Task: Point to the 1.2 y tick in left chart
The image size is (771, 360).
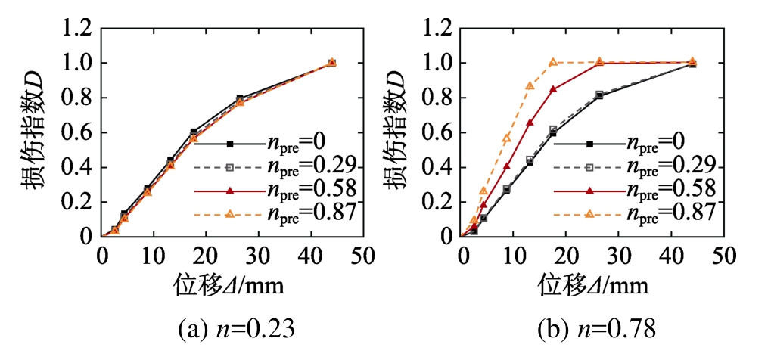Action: (78, 29)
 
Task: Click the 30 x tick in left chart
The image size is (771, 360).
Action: (258, 256)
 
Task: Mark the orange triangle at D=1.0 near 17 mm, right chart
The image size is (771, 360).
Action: (553, 63)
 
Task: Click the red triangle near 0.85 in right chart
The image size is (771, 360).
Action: (553, 89)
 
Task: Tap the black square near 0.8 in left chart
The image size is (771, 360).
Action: (240, 99)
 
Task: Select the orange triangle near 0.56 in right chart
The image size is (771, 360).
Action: (507, 138)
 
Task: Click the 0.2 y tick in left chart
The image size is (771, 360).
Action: (78, 202)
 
